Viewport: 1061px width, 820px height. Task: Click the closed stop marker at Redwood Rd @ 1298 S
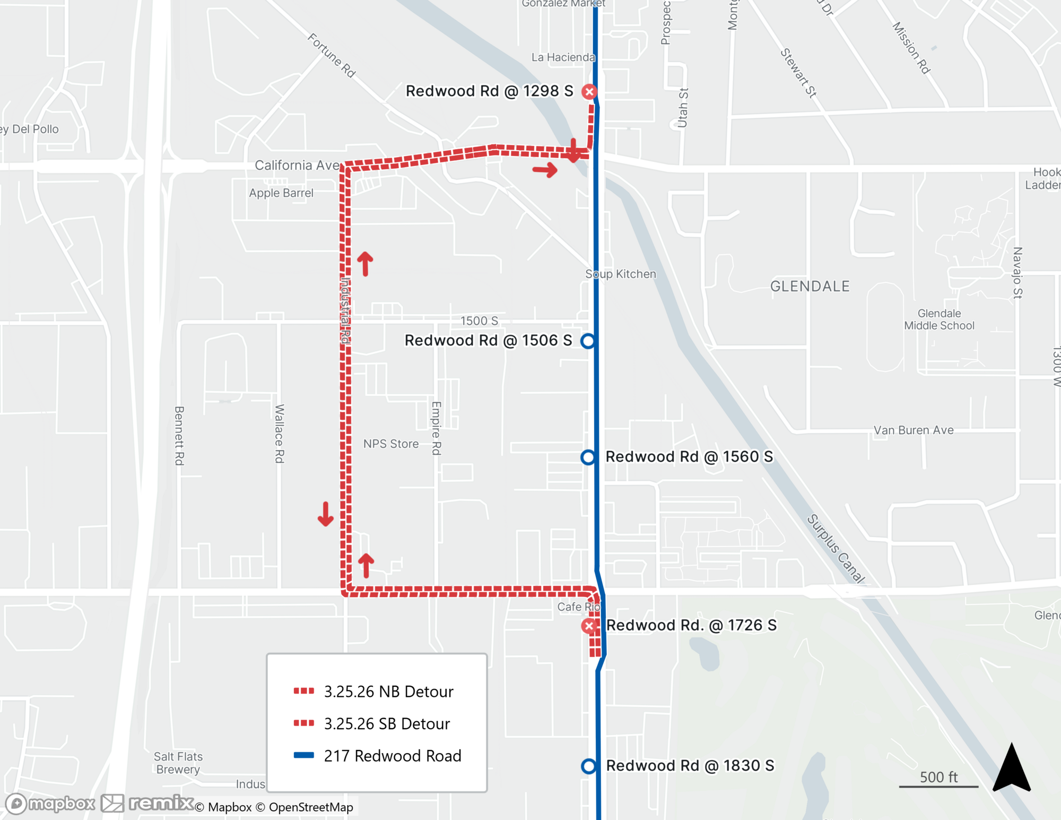click(589, 92)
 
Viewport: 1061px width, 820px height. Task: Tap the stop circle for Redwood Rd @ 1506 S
click(588, 341)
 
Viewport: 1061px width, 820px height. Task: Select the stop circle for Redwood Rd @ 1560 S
click(588, 457)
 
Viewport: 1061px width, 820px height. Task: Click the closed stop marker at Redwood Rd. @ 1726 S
click(589, 626)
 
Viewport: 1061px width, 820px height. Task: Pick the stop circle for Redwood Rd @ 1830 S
click(588, 766)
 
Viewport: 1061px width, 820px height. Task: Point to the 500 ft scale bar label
click(938, 777)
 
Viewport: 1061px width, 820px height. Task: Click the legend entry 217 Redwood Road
click(392, 756)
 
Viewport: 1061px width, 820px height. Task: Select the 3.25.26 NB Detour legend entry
click(388, 692)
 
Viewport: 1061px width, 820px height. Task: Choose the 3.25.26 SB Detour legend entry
click(387, 724)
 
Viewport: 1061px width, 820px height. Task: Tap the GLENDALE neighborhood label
click(810, 287)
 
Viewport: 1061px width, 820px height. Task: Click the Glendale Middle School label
click(939, 320)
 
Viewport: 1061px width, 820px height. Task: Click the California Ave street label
click(297, 165)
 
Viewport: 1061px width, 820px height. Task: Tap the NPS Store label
click(391, 444)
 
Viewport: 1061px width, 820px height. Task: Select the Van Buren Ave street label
click(914, 430)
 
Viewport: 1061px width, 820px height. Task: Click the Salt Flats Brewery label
click(178, 763)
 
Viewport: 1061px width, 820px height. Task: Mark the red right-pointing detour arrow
click(545, 170)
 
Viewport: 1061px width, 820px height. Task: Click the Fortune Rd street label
click(332, 55)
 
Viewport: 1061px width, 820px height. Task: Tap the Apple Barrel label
click(281, 193)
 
